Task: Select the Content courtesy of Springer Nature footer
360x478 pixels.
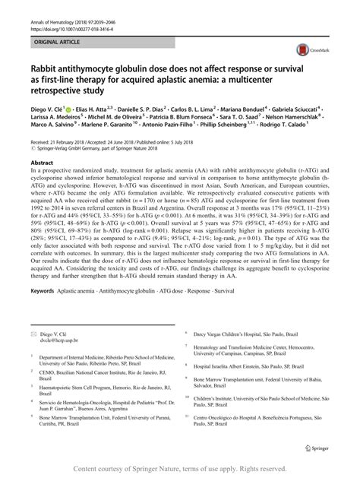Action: click(180, 468)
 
